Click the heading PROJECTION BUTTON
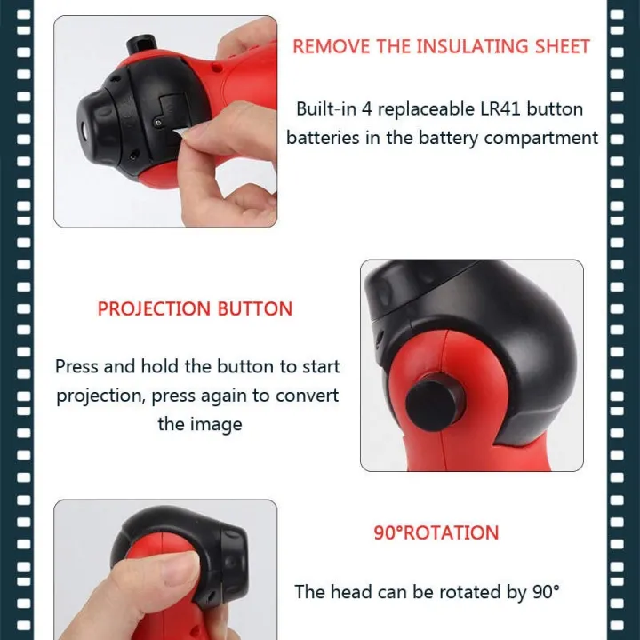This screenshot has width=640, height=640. pyautogui.click(x=195, y=308)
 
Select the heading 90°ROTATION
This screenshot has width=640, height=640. pyautogui.click(x=436, y=532)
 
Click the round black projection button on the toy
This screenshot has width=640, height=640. pyautogui.click(x=434, y=402)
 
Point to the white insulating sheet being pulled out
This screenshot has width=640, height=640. pyautogui.click(x=180, y=132)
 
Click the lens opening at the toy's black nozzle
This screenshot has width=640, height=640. pyautogui.click(x=84, y=131)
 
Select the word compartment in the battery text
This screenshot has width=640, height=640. pyautogui.click(x=540, y=139)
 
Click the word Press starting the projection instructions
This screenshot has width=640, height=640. pyautogui.click(x=77, y=366)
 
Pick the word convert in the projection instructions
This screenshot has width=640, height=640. pyautogui.click(x=307, y=396)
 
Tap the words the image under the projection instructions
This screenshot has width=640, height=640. pyautogui.click(x=200, y=425)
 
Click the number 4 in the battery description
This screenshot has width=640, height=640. pyautogui.click(x=367, y=109)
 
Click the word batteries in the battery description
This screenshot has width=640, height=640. pyautogui.click(x=324, y=138)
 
